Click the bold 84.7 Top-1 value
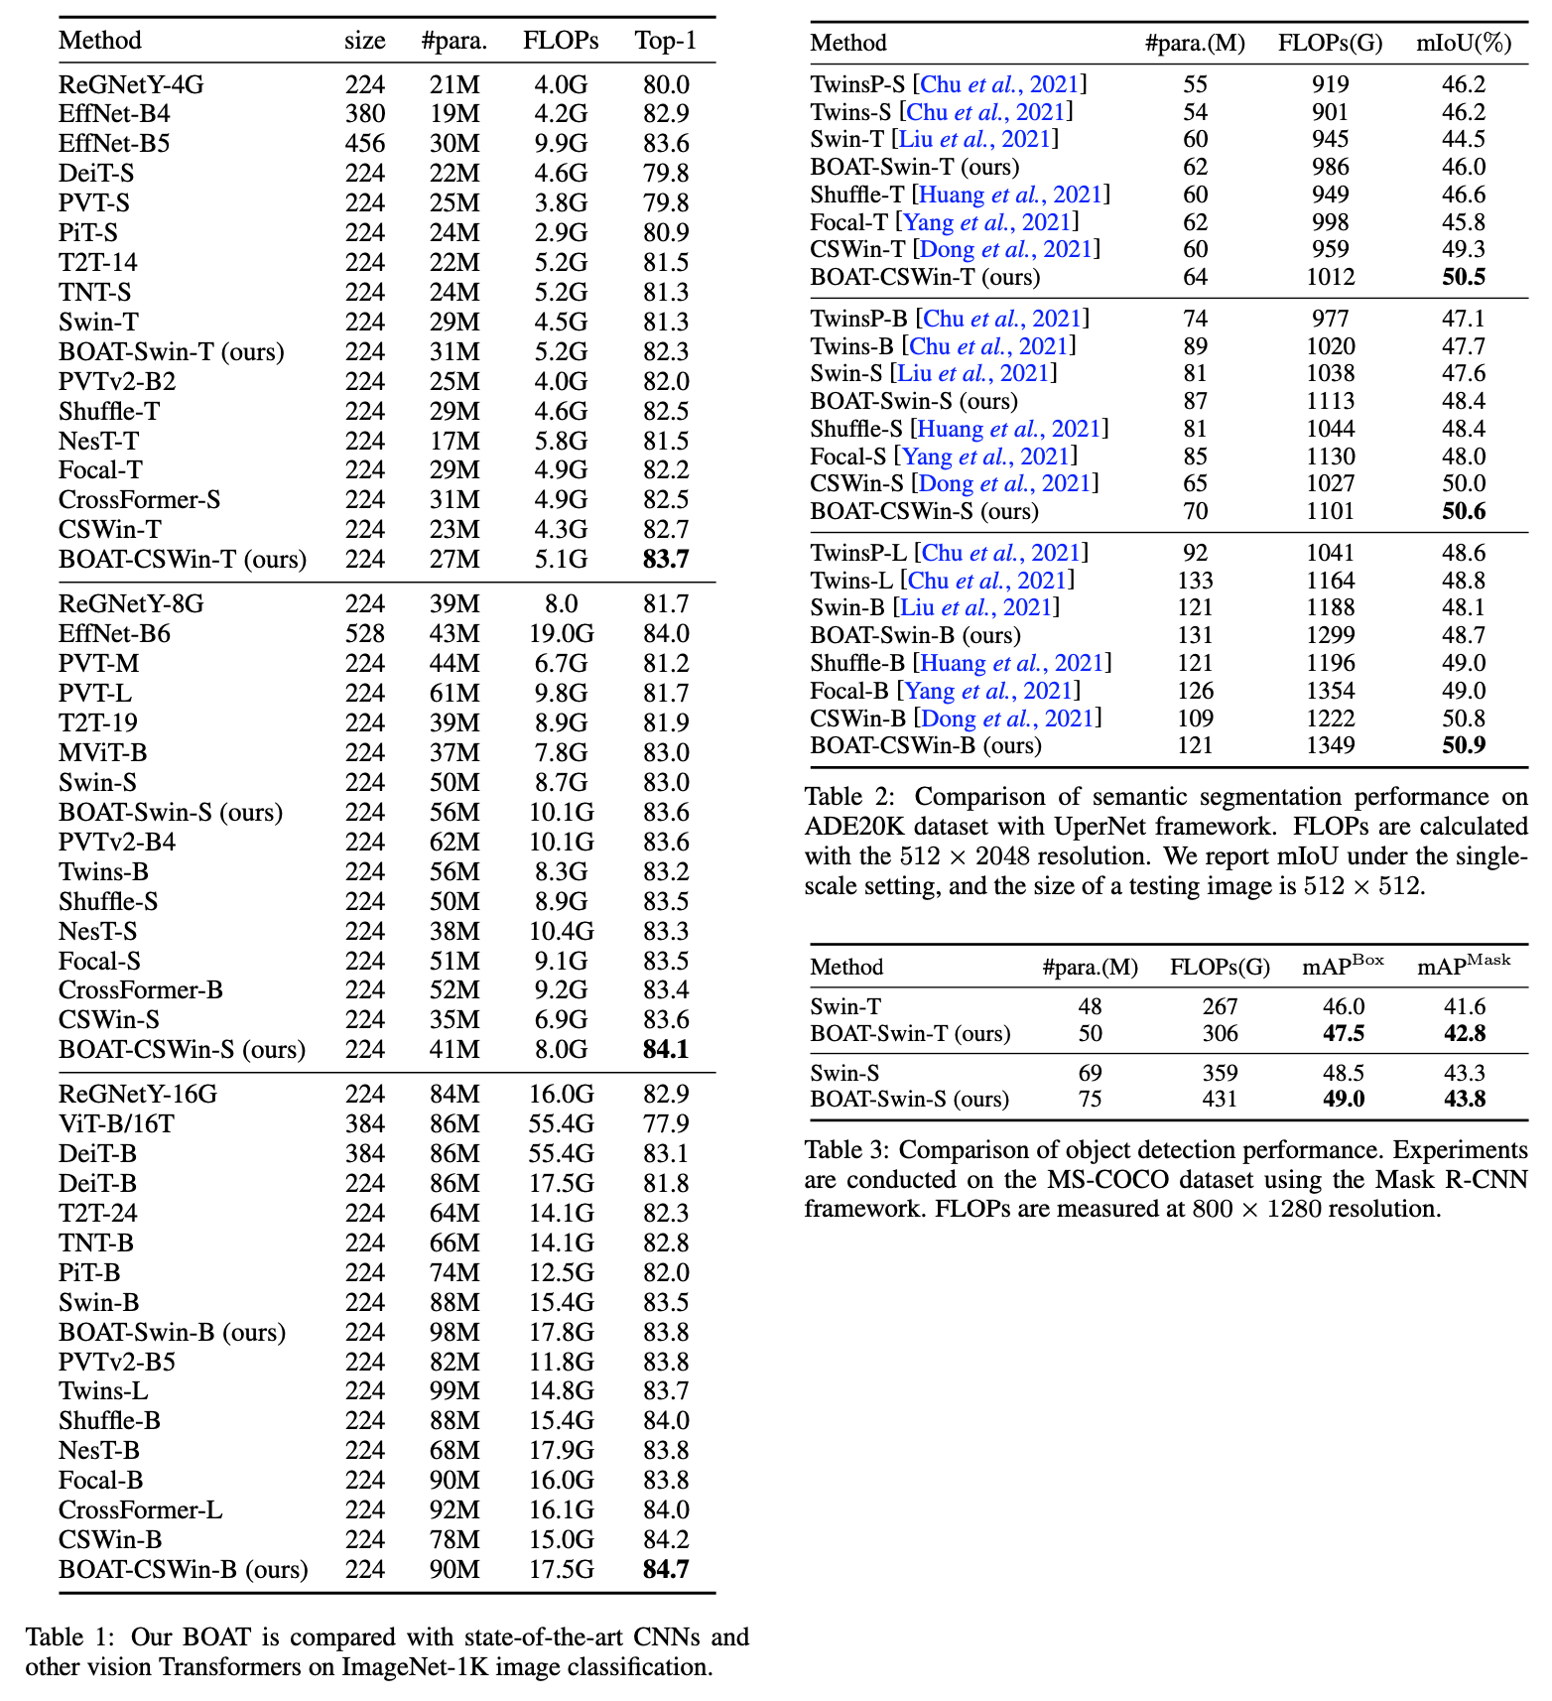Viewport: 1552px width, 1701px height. pyautogui.click(x=666, y=1569)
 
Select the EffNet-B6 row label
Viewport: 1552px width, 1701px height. pyautogui.click(x=114, y=633)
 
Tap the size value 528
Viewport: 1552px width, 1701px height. pyautogui.click(x=365, y=633)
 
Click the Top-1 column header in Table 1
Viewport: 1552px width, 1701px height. pyautogui.click(x=666, y=41)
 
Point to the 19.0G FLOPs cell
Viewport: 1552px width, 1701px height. pyautogui.click(x=561, y=633)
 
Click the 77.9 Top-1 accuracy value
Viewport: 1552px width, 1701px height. pyautogui.click(x=666, y=1123)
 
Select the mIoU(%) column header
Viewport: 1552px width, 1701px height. pyautogui.click(x=1464, y=43)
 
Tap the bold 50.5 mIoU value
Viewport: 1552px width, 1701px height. pyautogui.click(x=1464, y=277)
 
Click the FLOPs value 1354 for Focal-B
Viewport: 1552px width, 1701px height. pyautogui.click(x=1330, y=691)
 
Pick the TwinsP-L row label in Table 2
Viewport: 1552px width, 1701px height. pyautogui.click(x=858, y=553)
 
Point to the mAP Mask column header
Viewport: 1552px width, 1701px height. pyautogui.click(x=1464, y=966)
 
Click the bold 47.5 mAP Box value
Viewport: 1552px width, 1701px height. pyautogui.click(x=1344, y=1033)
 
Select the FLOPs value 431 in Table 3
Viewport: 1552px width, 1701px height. pyautogui.click(x=1220, y=1099)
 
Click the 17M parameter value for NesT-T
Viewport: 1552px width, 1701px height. pyautogui.click(x=454, y=441)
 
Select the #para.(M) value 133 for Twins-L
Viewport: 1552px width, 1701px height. pyautogui.click(x=1195, y=581)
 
